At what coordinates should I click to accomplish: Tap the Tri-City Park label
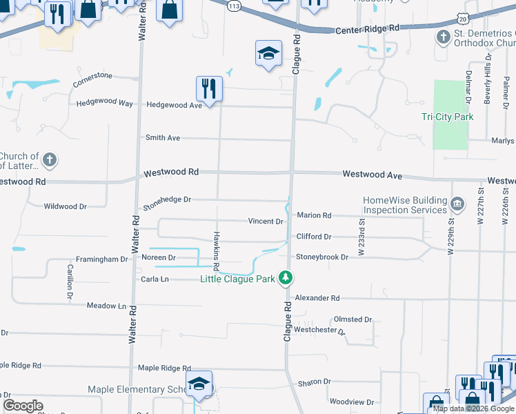point(447,117)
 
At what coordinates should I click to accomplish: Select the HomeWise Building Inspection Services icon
point(457,204)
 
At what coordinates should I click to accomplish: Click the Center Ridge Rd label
point(367,30)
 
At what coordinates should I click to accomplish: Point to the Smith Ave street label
point(162,138)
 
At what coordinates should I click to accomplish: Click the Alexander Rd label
point(317,298)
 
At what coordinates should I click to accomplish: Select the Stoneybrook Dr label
point(322,257)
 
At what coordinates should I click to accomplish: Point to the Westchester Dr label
point(319,330)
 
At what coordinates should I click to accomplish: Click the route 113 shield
point(234,6)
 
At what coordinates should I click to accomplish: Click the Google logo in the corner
point(23,406)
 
